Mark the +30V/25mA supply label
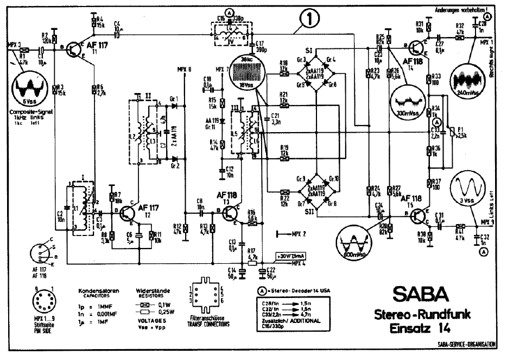(291, 256)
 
